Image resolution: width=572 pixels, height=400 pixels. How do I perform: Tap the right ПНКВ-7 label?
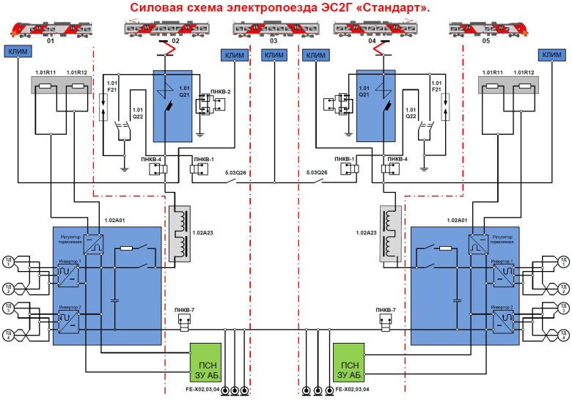coord(384,311)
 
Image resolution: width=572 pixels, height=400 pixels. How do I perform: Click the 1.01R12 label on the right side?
coord(524,73)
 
